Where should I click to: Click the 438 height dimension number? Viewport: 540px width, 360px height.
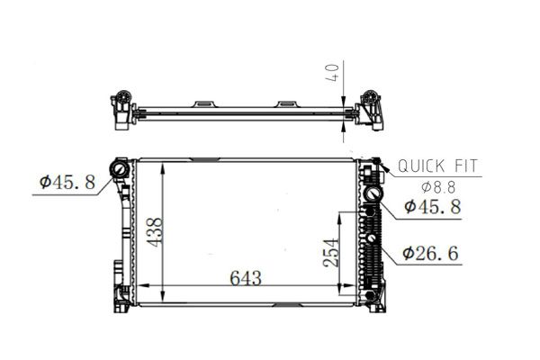tap(154, 232)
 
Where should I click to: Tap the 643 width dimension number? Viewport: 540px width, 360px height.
tap(246, 278)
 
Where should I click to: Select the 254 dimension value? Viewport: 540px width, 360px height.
tap(331, 253)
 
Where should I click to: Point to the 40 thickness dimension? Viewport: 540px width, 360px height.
tap(332, 72)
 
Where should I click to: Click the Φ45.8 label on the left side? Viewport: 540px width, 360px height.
tap(67, 182)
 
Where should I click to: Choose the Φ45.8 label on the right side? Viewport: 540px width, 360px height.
tap(433, 207)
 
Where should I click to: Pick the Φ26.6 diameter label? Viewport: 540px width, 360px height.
tap(430, 254)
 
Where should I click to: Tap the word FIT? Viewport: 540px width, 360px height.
tap(466, 166)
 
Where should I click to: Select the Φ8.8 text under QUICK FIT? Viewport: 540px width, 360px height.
tap(438, 187)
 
